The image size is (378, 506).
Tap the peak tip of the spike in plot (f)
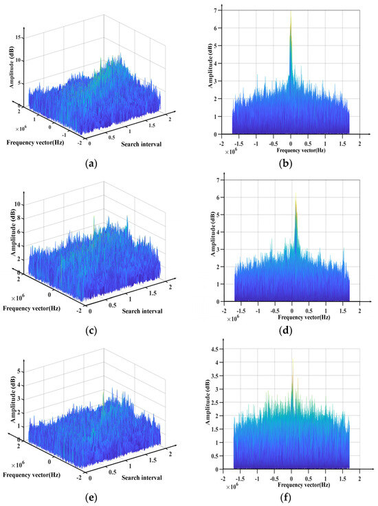[292, 351]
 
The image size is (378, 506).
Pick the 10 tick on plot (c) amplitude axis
[21, 205]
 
